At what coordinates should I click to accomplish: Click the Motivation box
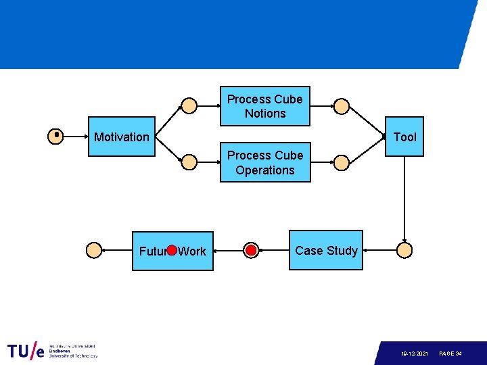[x=122, y=137]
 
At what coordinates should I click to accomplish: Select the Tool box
[x=404, y=137]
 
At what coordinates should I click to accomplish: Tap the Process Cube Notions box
[x=265, y=106]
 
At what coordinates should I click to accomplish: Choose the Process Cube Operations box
[x=265, y=163]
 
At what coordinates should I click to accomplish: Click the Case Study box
[x=326, y=251]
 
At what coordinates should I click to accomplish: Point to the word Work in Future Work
[x=193, y=251]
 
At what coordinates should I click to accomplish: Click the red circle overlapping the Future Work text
[x=172, y=251]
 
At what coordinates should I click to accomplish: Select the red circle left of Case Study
[x=251, y=251]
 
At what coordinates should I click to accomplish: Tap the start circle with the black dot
[x=56, y=137]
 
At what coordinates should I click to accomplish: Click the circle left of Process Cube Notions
[x=190, y=105]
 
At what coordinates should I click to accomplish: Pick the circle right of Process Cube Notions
[x=342, y=105]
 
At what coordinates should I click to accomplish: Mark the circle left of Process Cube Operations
[x=190, y=162]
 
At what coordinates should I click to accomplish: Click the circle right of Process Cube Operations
[x=342, y=162]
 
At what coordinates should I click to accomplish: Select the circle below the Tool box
[x=404, y=251]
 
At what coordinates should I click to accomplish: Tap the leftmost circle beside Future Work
[x=94, y=251]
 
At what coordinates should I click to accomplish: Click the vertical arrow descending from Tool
[x=404, y=199]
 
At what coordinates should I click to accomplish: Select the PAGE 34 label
[x=450, y=354]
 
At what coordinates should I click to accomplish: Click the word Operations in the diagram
[x=265, y=170]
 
